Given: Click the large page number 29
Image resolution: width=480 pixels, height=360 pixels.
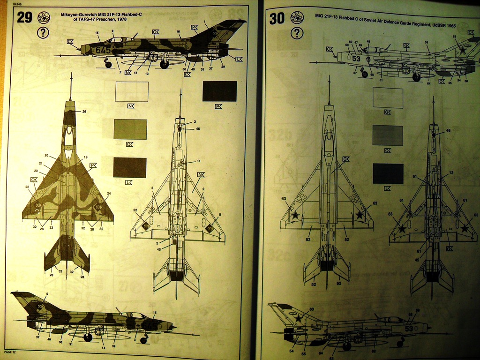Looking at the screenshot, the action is click(x=25, y=17).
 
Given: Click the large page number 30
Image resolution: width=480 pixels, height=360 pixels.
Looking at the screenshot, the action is click(x=277, y=18).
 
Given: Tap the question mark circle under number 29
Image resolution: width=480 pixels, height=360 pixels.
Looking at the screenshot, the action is click(x=43, y=33).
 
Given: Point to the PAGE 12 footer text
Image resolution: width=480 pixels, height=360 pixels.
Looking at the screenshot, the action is click(x=11, y=351).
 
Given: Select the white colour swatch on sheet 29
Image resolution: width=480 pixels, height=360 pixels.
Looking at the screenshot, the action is click(x=131, y=91).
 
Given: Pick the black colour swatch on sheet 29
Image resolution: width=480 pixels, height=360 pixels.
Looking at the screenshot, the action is click(x=219, y=91).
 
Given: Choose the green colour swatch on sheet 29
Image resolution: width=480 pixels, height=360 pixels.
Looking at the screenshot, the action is click(x=130, y=129).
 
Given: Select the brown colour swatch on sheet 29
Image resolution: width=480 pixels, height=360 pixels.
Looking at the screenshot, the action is click(x=130, y=167).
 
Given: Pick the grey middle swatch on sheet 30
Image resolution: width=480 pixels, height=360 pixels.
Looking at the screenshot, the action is click(x=388, y=135).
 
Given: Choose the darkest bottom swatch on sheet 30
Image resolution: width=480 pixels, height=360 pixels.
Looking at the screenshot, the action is click(x=388, y=173).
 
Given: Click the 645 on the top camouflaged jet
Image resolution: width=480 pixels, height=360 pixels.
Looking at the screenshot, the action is click(x=103, y=49).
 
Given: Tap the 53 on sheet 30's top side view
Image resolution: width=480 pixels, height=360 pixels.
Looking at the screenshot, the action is click(x=356, y=59).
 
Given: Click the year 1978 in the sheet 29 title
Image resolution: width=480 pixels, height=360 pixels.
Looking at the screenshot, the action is click(x=118, y=20).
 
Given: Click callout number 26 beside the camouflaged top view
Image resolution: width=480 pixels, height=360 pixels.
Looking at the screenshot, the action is click(x=84, y=112).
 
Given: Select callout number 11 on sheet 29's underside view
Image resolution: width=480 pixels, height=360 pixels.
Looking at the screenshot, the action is click(x=198, y=161).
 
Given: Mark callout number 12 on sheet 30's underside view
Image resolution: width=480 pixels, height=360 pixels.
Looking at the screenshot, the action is click(x=451, y=173).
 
